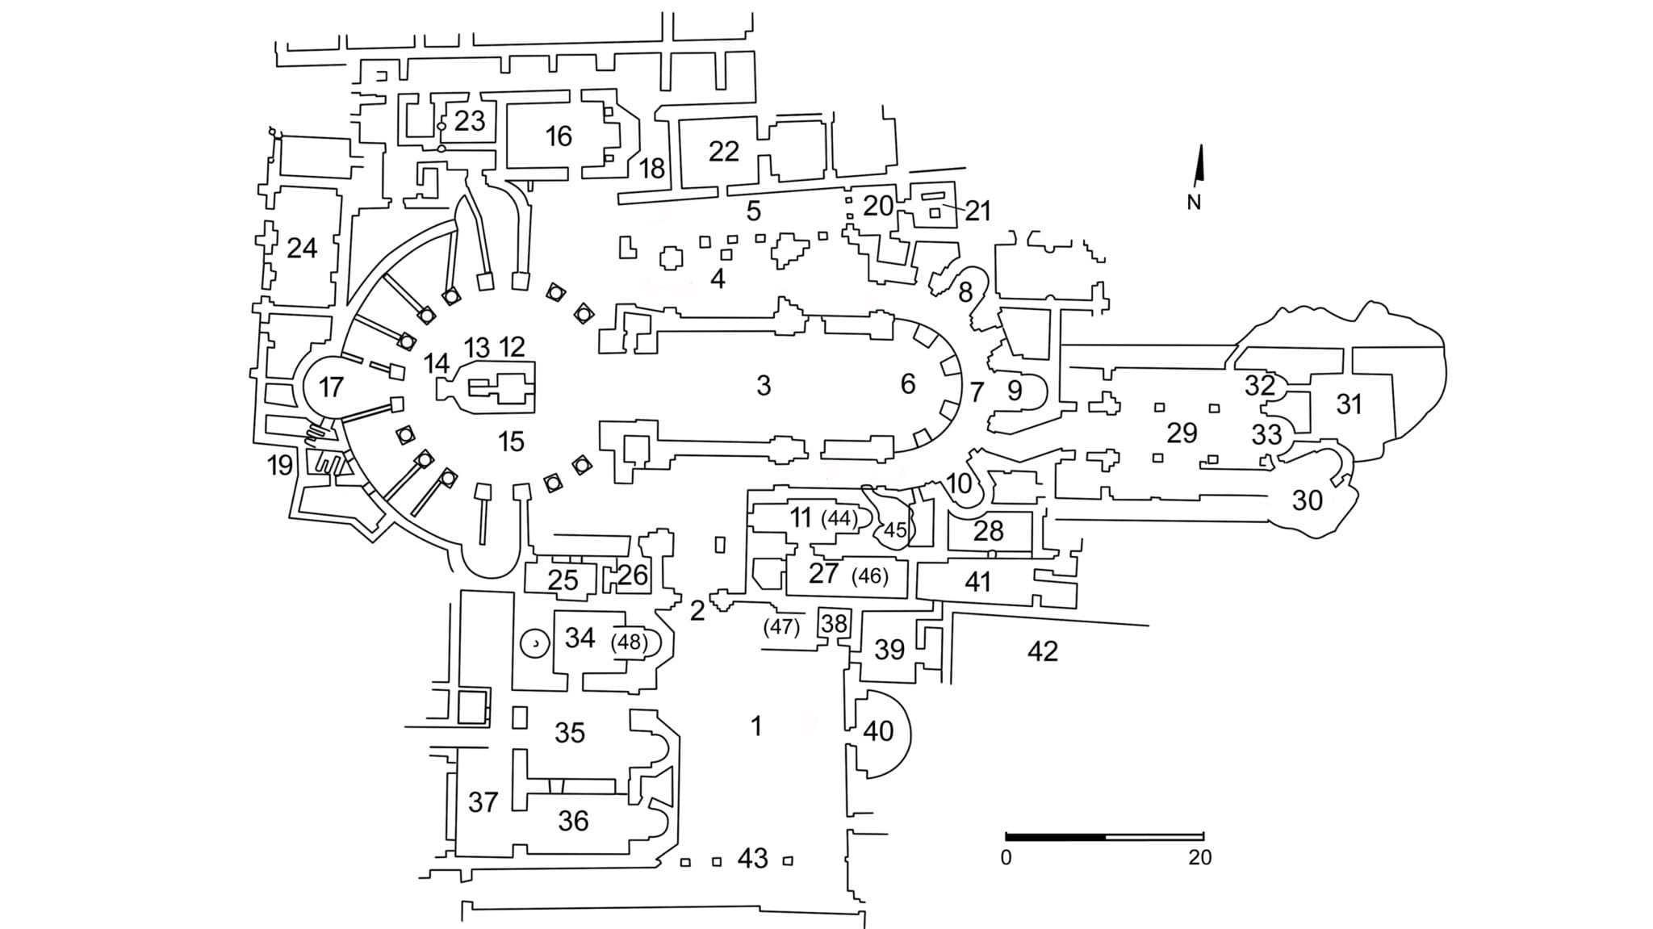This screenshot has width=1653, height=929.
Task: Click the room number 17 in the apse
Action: [x=331, y=387]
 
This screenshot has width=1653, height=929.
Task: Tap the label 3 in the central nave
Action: [x=764, y=386]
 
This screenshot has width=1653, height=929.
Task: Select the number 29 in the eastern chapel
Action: [x=1182, y=433]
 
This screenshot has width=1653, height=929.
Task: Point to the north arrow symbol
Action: [x=1200, y=163]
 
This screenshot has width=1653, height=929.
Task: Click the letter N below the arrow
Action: [x=1194, y=203]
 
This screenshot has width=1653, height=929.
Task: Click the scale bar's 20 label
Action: [x=1199, y=857]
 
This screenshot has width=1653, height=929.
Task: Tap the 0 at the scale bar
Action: [x=1006, y=857]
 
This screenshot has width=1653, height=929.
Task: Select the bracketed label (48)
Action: [x=630, y=642]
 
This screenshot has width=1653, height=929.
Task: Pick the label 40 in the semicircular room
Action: [x=878, y=731]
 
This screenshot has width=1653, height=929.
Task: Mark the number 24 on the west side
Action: [x=302, y=248]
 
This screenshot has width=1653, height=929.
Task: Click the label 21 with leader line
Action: [x=977, y=211]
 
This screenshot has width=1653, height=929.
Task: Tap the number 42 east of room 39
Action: [x=1042, y=651]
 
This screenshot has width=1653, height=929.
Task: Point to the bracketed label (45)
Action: [x=894, y=530]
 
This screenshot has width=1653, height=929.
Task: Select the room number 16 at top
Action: [x=559, y=136]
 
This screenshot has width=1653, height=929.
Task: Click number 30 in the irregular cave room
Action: [x=1307, y=500]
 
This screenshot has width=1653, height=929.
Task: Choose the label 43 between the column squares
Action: [x=752, y=858]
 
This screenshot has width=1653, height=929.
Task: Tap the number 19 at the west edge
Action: [x=279, y=466]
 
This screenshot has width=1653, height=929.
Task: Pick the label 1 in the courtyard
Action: [x=756, y=726]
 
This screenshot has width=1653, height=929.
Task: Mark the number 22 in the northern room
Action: [x=723, y=151]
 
